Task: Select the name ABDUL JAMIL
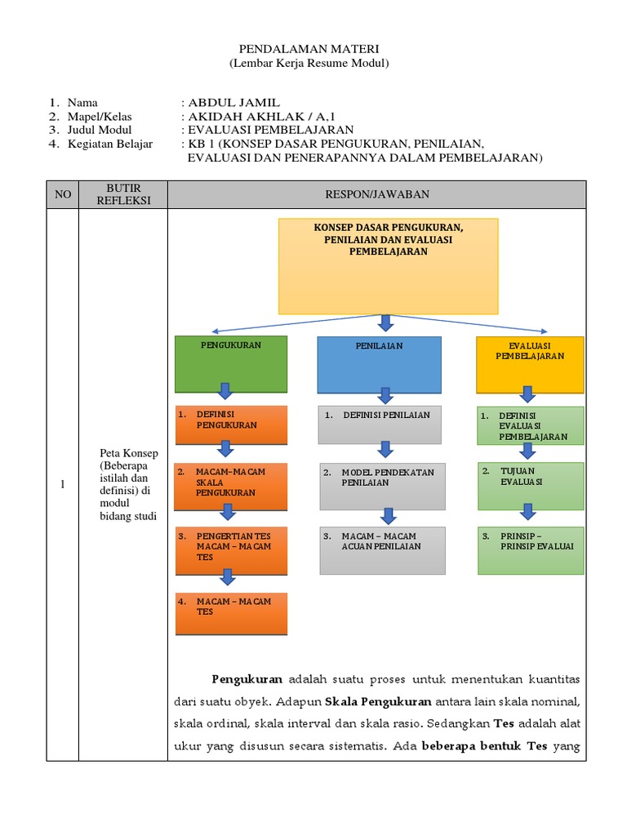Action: [233, 103]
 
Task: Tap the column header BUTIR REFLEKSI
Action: [122, 194]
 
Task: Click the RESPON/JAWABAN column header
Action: [376, 194]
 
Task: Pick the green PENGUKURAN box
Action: [231, 363]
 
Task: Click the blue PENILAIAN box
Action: [379, 364]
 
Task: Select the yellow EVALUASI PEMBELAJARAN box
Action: [530, 364]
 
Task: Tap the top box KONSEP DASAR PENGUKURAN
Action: [388, 265]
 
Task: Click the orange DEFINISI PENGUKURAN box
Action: [231, 425]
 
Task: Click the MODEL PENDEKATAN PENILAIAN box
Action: [382, 485]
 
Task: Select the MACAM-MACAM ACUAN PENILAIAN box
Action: [382, 549]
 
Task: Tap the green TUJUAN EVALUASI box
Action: [531, 482]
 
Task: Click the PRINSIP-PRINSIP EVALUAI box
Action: [531, 549]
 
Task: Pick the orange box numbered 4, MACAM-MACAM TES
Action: [231, 613]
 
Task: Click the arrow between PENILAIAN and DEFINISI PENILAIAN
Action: [385, 395]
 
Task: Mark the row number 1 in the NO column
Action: [62, 485]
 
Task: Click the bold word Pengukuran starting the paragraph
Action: [247, 678]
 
